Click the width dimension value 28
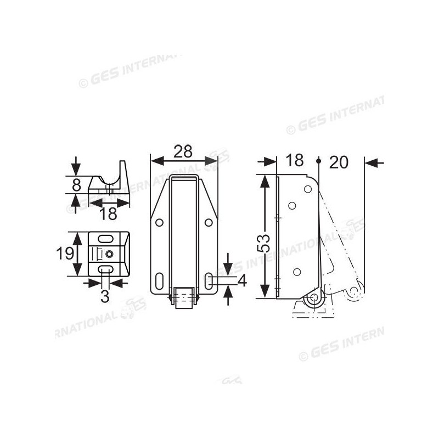click(x=183, y=151)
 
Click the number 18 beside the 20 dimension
click(x=295, y=161)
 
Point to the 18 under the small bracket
click(x=109, y=213)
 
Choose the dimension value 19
click(x=66, y=254)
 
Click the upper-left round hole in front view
click(x=159, y=223)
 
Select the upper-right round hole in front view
click(x=208, y=223)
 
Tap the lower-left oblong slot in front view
click(x=159, y=280)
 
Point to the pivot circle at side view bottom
click(x=314, y=299)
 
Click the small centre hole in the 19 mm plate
click(x=110, y=254)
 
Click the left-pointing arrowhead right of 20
click(x=369, y=162)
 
